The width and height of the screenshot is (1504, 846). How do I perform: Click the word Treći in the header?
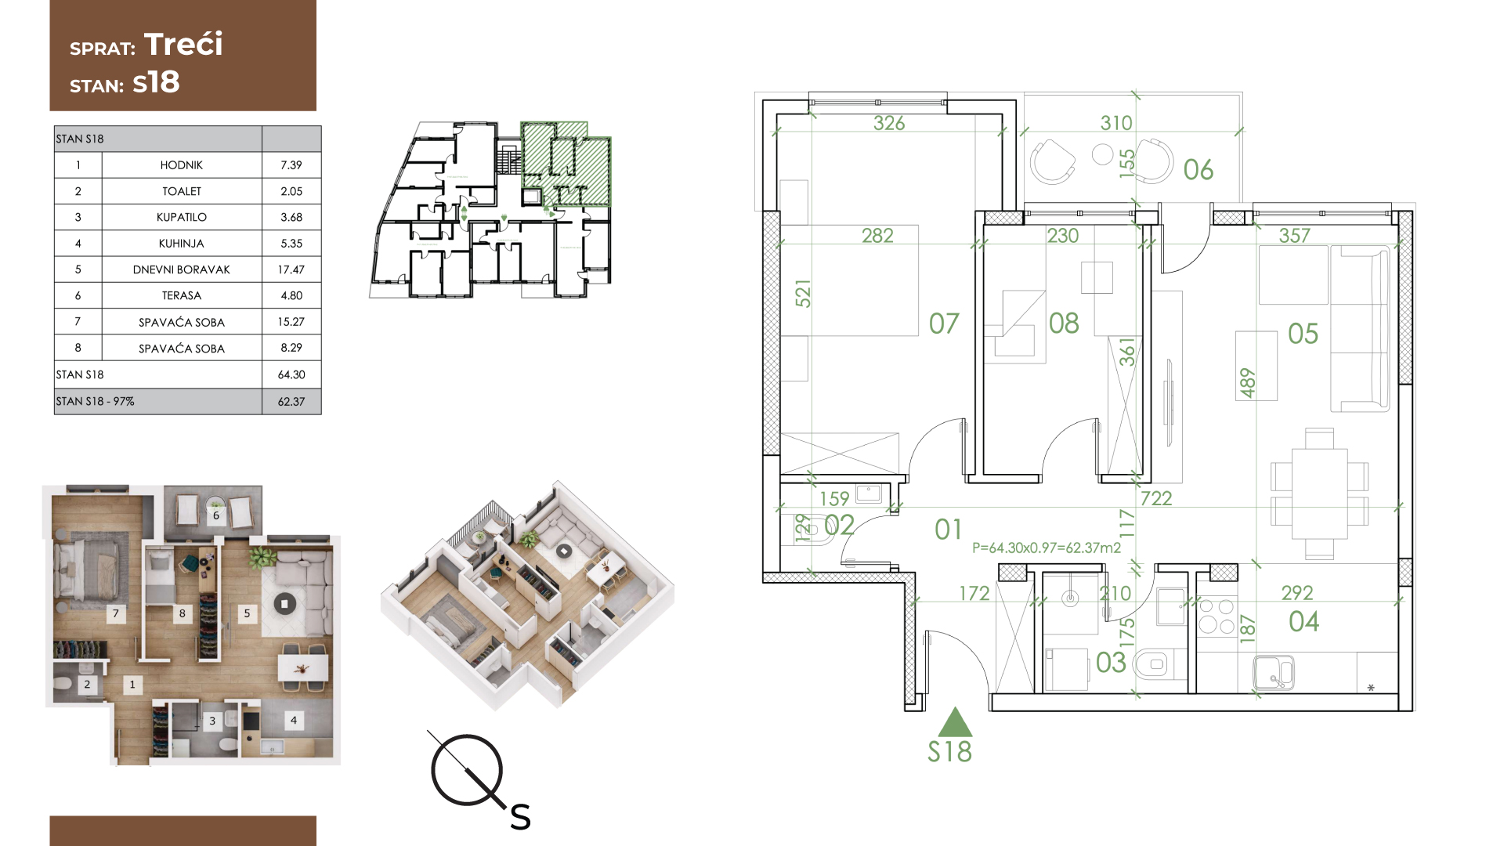[x=183, y=45]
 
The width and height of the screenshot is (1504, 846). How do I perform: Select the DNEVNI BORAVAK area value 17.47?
[x=291, y=269]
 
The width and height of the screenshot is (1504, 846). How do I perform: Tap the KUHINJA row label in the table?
[x=181, y=244]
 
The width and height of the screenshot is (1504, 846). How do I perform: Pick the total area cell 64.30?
[x=291, y=374]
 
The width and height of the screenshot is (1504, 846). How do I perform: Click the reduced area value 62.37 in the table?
[x=291, y=401]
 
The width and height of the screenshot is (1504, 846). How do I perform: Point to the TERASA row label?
[x=181, y=295]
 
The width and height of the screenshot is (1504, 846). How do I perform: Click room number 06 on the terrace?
[x=1198, y=169]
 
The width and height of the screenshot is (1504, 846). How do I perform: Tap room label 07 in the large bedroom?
[x=944, y=324]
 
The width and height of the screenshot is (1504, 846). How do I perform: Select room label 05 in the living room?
[x=1303, y=334]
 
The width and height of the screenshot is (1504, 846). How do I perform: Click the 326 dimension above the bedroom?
[x=889, y=123]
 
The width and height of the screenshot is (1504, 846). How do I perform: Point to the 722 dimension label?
[x=1156, y=498]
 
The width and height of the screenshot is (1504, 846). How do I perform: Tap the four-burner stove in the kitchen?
[x=1216, y=616]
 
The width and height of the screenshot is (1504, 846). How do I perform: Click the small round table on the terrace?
[x=1103, y=154]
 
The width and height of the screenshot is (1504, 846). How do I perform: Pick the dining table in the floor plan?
[x=1319, y=493]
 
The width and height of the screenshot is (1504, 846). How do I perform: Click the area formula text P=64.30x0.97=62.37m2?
[x=1047, y=548]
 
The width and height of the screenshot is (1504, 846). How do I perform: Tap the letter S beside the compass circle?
[x=520, y=817]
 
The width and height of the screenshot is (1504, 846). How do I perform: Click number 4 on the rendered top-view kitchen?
[x=294, y=720]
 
